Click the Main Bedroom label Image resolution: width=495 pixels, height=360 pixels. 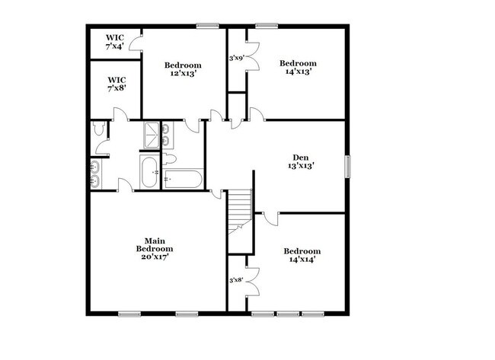[155, 249]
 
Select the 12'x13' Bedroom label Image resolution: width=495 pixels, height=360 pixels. [183, 70]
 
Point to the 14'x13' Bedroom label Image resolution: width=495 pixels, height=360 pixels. [297, 67]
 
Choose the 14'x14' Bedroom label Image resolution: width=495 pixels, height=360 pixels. [302, 255]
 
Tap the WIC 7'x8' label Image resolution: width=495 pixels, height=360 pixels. [117, 84]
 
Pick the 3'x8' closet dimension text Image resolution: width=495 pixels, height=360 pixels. [238, 281]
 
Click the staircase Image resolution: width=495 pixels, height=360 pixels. [241, 209]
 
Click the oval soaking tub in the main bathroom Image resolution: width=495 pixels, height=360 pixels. [149, 172]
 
